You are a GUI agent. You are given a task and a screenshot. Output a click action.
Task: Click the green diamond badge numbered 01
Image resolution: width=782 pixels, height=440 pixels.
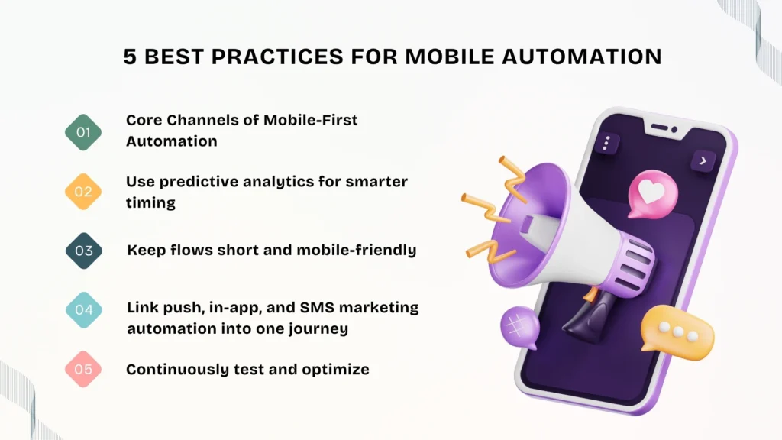tap(83, 131)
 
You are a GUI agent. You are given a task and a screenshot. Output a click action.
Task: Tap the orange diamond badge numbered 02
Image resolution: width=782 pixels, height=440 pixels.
tap(83, 191)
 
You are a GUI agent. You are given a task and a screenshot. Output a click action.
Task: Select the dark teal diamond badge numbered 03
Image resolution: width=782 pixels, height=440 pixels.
tap(83, 251)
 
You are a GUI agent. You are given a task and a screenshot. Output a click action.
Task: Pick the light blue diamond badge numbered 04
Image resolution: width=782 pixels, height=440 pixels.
tap(83, 310)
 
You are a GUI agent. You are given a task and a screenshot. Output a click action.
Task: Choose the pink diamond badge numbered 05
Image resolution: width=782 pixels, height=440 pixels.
tap(83, 370)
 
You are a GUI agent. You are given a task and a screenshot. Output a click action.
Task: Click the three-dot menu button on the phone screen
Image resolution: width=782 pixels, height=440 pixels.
tap(607, 143)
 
